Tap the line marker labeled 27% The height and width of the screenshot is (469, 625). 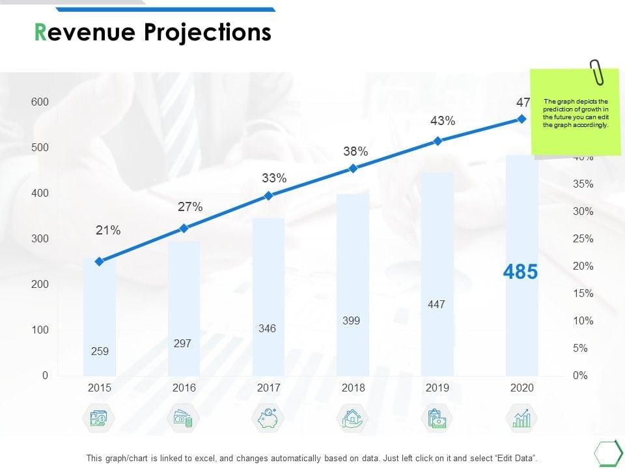184,228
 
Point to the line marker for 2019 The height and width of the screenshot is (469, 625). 437,141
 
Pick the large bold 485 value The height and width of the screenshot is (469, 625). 521,272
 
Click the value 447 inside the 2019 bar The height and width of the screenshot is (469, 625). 436,304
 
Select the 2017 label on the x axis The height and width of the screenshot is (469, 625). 268,388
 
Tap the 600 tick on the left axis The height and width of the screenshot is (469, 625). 40,102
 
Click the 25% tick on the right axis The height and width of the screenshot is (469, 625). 583,239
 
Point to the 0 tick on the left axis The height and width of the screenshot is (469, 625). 46,376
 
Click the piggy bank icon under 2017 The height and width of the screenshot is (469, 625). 268,418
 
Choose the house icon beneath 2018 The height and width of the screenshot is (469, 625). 353,418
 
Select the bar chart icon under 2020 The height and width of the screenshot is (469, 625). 521,418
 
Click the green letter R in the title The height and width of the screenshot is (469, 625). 40,33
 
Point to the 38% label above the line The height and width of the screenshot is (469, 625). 355,152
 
